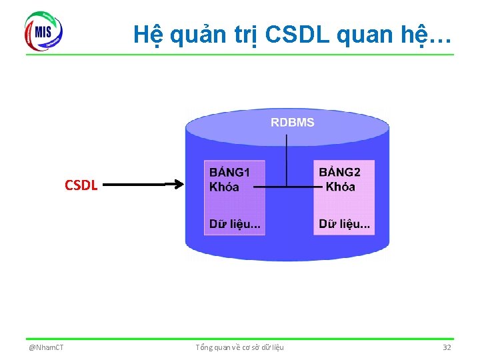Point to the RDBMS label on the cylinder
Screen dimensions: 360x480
[292, 122]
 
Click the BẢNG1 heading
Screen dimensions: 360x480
[229, 173]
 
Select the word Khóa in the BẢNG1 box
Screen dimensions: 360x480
[224, 187]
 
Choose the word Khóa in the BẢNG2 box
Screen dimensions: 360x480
[340, 187]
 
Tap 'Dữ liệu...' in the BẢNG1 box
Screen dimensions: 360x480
[235, 223]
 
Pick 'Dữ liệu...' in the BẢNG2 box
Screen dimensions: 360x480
[345, 223]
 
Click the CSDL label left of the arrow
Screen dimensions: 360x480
[81, 185]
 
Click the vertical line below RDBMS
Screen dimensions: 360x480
[286, 160]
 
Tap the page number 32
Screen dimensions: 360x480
[447, 347]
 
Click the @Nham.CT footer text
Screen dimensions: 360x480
[46, 347]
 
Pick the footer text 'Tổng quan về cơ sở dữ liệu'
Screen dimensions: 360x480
[239, 347]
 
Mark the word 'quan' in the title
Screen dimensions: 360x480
[363, 35]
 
